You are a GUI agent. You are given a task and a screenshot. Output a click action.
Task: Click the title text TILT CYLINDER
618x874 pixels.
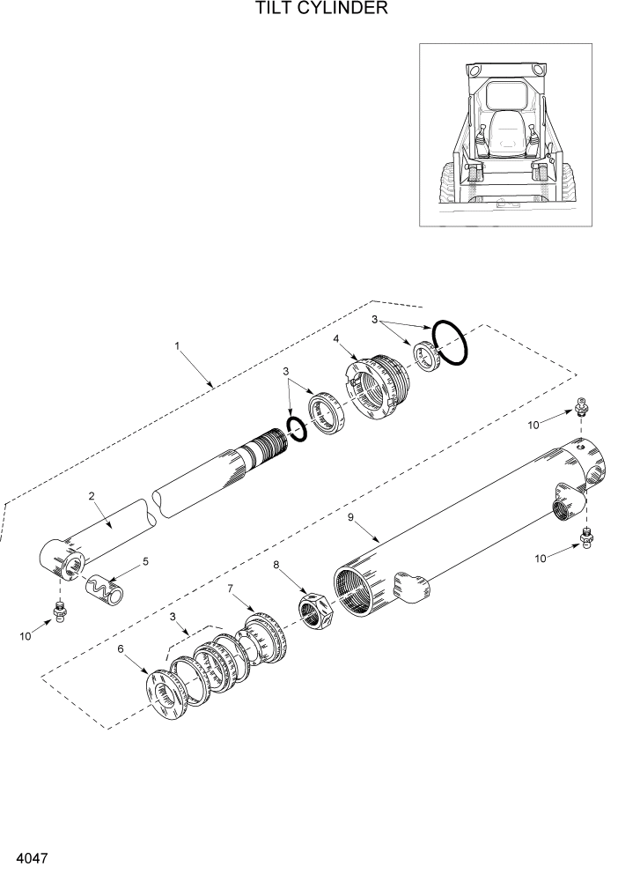[x=308, y=10]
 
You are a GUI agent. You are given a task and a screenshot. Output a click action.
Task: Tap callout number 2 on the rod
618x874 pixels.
[x=92, y=495]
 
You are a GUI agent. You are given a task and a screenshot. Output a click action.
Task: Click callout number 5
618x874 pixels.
[x=145, y=560]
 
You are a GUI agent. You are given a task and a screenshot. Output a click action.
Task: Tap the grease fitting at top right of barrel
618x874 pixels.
[x=582, y=408]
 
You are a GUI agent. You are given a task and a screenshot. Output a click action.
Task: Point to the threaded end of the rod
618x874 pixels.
[x=267, y=442]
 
